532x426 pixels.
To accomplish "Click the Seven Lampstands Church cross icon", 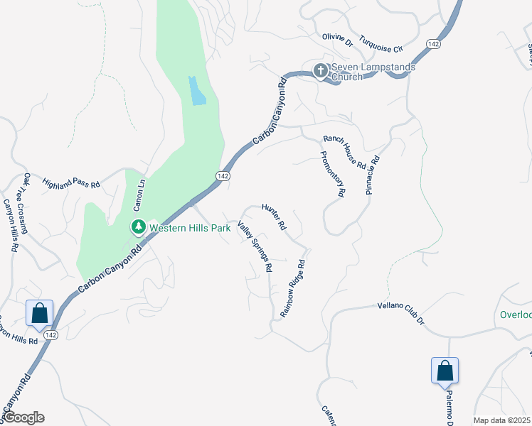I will tap(320, 70).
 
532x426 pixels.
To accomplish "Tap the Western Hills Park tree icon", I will tap(138, 227).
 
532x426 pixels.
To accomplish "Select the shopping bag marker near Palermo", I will tap(445, 371).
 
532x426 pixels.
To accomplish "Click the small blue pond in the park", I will tap(197, 91).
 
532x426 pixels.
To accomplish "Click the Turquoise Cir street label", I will tap(381, 43).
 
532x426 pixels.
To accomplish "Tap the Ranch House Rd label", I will tap(344, 151).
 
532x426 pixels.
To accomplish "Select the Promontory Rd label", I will tap(333, 174).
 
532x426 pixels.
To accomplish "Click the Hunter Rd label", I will tap(273, 217).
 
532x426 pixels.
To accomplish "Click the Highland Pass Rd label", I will tap(71, 182).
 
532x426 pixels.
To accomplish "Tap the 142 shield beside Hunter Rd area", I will tap(223, 175).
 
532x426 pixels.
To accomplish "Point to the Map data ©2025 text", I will tap(501, 420).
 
